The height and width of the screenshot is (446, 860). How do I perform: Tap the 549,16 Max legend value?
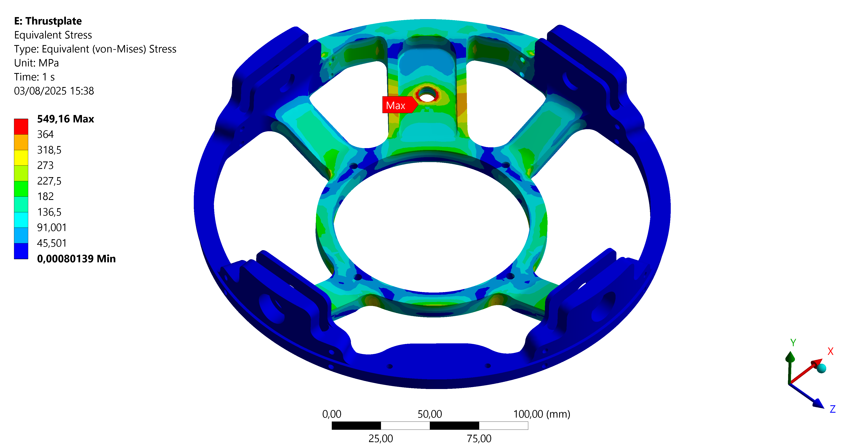[65, 119]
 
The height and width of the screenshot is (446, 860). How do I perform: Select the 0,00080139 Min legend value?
[76, 259]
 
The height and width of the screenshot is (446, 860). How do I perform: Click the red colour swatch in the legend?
[21, 127]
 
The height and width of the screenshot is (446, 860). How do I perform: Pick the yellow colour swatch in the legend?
[21, 157]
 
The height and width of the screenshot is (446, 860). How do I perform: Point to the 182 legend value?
[45, 196]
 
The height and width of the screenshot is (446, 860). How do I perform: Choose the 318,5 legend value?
[49, 150]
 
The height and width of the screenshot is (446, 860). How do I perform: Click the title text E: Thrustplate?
[48, 21]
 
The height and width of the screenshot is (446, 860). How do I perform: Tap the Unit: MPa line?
[36, 63]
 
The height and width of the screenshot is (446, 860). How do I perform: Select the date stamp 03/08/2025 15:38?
[54, 91]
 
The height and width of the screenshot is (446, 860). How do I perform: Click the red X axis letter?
[831, 351]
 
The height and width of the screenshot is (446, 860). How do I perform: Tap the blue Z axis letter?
[833, 409]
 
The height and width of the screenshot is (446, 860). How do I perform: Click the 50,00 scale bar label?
[430, 414]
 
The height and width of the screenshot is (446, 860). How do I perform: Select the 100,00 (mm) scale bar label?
[541, 414]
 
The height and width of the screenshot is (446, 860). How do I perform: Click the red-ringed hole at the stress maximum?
[427, 97]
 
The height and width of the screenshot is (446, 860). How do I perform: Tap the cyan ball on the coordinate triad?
[821, 368]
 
